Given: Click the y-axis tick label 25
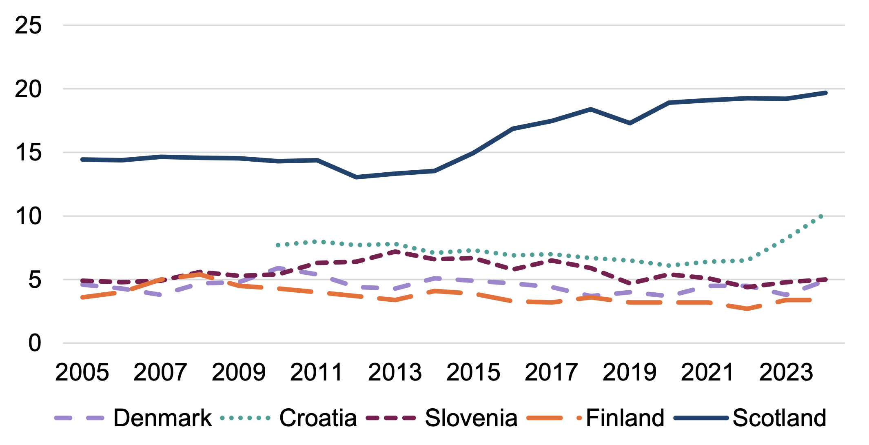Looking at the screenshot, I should tap(28, 25).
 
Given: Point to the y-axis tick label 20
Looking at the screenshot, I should tap(28, 89).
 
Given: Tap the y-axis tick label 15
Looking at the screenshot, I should tap(28, 153).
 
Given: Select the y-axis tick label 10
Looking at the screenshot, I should tap(28, 216).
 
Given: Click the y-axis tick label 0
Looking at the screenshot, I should tap(35, 343).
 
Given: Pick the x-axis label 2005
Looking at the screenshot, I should tap(82, 372).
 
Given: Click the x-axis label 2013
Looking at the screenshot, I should tap(395, 372).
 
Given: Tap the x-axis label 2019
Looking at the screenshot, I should tap(630, 372).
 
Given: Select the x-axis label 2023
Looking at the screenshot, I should tap(786, 372).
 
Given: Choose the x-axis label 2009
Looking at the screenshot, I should tap(239, 372).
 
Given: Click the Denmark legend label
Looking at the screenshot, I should tap(162, 418).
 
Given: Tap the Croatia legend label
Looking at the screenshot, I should tap(318, 418).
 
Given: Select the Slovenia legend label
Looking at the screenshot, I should tap(471, 418).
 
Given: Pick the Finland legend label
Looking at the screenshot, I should tap(625, 418).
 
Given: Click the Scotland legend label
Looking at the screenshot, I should tap(779, 418).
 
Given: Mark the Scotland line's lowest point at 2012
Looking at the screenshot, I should tap(356, 177).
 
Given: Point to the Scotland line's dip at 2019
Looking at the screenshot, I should tap(630, 123).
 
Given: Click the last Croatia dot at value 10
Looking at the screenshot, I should tap(821, 216).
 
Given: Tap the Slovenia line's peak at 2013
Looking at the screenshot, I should tap(395, 251).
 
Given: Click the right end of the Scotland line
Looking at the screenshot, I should tap(826, 93).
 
